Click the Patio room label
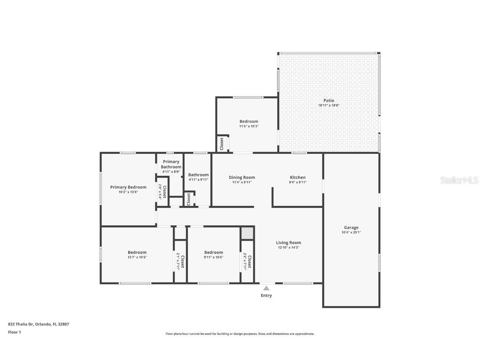point(329,100)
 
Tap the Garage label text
point(351,227)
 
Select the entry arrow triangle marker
point(266,288)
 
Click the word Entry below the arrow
point(266,295)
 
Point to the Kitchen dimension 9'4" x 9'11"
point(297,182)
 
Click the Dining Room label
point(242,177)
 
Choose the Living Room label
point(288,242)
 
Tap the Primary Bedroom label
point(128,187)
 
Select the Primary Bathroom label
point(171,164)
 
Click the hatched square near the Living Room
point(247,233)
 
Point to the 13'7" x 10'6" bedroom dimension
point(137,257)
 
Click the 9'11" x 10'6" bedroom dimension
point(213,257)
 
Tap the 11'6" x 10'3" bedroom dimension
point(249,126)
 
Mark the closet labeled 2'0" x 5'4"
point(162,192)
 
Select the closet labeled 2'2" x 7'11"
point(247,261)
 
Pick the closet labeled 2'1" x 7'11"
point(180,261)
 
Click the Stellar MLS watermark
point(460,180)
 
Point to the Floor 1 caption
point(14,332)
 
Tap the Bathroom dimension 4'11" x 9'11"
point(198,180)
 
